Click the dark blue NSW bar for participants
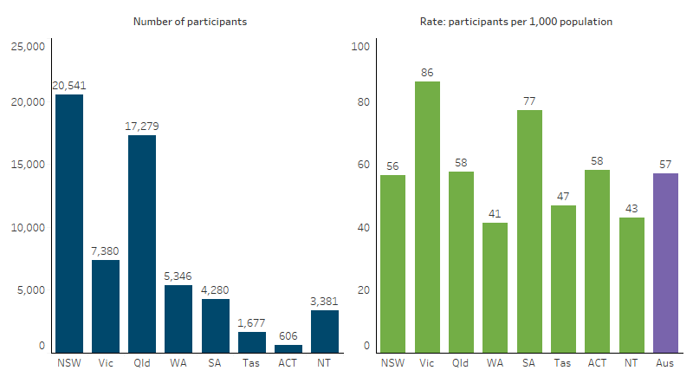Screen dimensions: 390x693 69,224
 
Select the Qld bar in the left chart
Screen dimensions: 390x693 142,244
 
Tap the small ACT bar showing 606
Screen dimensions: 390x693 288,348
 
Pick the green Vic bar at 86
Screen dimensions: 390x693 427,217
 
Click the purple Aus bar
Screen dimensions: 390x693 665,263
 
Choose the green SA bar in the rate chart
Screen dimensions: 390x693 529,231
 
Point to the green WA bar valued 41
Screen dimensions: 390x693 495,288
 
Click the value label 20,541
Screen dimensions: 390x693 69,85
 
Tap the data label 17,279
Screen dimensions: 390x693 142,127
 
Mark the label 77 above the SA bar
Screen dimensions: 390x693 529,101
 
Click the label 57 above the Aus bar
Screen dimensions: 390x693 665,165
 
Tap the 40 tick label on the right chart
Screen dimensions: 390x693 363,228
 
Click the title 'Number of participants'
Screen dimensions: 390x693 190,21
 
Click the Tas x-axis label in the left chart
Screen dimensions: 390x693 252,363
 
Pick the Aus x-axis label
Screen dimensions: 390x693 665,363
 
